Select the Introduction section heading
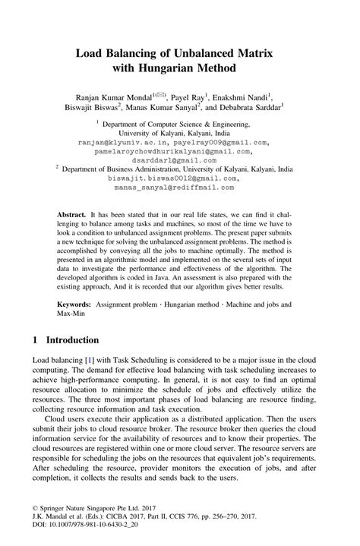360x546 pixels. [73, 339]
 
